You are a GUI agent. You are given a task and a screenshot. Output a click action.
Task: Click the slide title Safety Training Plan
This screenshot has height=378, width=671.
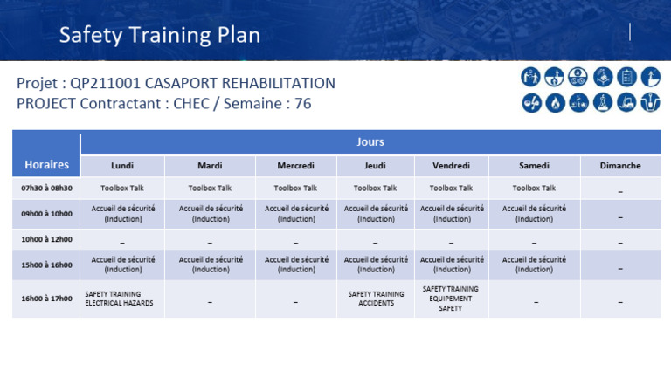[x=159, y=35]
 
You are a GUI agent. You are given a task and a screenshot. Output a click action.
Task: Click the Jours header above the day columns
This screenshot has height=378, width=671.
[x=370, y=141]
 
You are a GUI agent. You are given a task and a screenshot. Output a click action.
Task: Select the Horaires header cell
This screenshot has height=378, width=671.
[x=46, y=165]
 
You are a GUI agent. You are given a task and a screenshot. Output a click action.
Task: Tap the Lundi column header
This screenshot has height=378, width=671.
[x=122, y=166]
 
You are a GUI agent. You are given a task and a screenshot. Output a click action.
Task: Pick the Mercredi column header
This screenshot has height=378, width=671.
[x=295, y=166]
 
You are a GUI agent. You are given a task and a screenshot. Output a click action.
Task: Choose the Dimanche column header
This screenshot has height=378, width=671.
[x=620, y=166]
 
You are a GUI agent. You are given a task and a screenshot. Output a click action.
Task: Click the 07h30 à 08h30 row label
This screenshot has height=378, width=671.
[x=46, y=188]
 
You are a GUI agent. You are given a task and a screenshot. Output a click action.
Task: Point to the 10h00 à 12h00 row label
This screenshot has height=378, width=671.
[x=46, y=239]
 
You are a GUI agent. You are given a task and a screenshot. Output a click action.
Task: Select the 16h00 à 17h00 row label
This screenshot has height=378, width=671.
[x=46, y=299]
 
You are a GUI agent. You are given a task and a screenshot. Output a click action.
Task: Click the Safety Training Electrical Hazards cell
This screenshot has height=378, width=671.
[x=119, y=299]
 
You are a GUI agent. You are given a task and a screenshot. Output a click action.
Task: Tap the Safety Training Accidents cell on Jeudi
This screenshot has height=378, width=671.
[x=376, y=299]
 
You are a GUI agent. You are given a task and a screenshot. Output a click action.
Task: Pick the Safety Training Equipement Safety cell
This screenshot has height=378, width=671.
[x=451, y=299]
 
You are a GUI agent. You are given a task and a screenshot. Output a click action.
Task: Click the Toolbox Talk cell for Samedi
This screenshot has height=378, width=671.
[x=534, y=188]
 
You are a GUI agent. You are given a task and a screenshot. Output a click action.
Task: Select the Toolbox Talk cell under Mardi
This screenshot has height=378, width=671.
[x=210, y=188]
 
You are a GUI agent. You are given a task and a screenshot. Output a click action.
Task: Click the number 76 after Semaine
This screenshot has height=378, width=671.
[x=302, y=104]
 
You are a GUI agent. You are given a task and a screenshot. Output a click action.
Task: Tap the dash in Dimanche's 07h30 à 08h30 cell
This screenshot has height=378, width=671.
[x=620, y=190]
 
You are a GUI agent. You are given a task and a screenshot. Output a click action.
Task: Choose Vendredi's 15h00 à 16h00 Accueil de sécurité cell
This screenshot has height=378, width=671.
[x=452, y=265]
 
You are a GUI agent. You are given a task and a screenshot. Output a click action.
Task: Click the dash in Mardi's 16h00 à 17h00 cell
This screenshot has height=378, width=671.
[x=210, y=302]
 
